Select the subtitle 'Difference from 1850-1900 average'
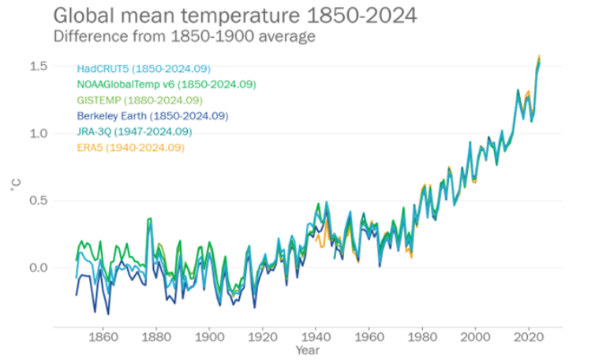(x=185, y=36)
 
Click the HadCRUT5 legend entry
(x=144, y=69)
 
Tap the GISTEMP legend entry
(x=140, y=100)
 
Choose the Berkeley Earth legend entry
(x=152, y=116)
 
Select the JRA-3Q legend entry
(x=133, y=131)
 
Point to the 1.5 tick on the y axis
(x=37, y=66)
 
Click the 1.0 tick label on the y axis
(x=37, y=133)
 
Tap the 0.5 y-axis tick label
(x=37, y=201)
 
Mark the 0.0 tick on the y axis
(x=37, y=268)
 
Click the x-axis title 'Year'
(x=307, y=349)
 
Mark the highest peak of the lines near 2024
(x=540, y=57)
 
